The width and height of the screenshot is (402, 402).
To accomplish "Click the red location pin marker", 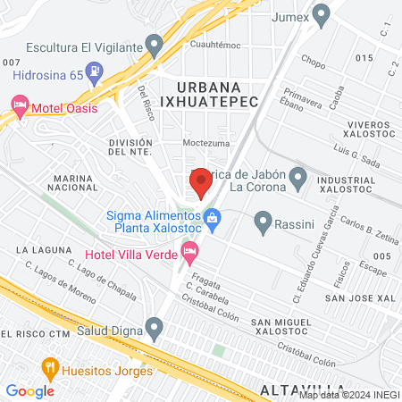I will pos(201,182).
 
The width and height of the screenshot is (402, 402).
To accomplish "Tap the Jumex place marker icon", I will pos(322,13).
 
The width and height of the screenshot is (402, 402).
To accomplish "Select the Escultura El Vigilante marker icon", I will pos(155,45).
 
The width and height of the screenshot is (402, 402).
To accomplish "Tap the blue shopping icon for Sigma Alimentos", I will pos(213,216).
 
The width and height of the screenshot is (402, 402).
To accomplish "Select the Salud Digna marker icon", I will pos(155,331).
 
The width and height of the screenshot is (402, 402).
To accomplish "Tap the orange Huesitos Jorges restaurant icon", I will pos(50,366).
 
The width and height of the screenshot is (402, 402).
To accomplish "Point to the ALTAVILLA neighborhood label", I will pos(300,389).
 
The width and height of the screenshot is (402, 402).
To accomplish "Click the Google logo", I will pos(30,390).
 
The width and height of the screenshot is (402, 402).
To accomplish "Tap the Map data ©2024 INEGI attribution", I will pos(348,395).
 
